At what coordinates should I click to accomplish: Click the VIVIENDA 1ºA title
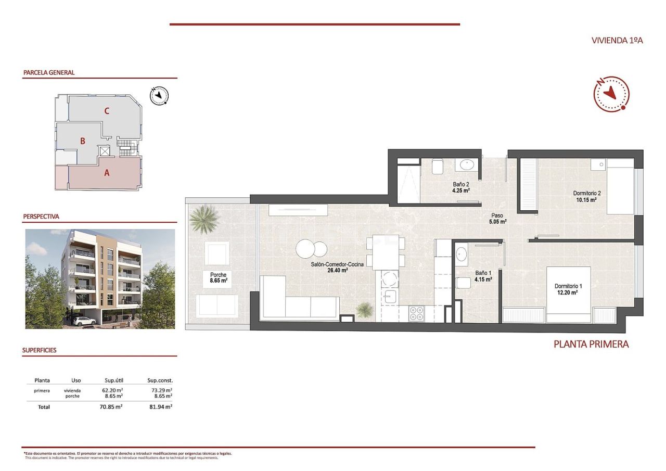[x=617, y=40]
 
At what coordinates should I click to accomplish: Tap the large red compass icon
[x=611, y=94]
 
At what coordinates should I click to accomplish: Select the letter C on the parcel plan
[x=107, y=110]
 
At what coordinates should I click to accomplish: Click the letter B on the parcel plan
[x=83, y=141]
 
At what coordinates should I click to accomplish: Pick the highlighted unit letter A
[x=107, y=173]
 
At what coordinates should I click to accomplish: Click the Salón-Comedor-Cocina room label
[x=334, y=267]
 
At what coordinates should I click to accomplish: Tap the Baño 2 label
[x=461, y=187]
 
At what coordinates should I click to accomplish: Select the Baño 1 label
[x=483, y=275]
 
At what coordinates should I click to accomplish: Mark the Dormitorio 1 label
[x=568, y=289]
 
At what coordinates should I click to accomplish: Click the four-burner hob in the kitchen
[x=416, y=313]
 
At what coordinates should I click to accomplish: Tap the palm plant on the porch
[x=202, y=219]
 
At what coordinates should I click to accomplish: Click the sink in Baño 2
[x=467, y=164]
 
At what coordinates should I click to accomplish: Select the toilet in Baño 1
[x=462, y=283]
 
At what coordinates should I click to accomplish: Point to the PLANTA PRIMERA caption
[x=591, y=344]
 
